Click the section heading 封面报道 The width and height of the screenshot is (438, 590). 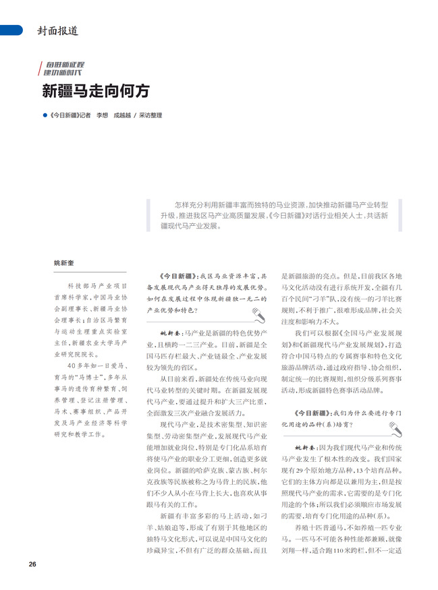(57, 30)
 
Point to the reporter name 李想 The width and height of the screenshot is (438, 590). (102, 115)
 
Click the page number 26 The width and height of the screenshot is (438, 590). (32, 564)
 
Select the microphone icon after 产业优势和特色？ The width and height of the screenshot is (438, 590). (257, 314)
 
